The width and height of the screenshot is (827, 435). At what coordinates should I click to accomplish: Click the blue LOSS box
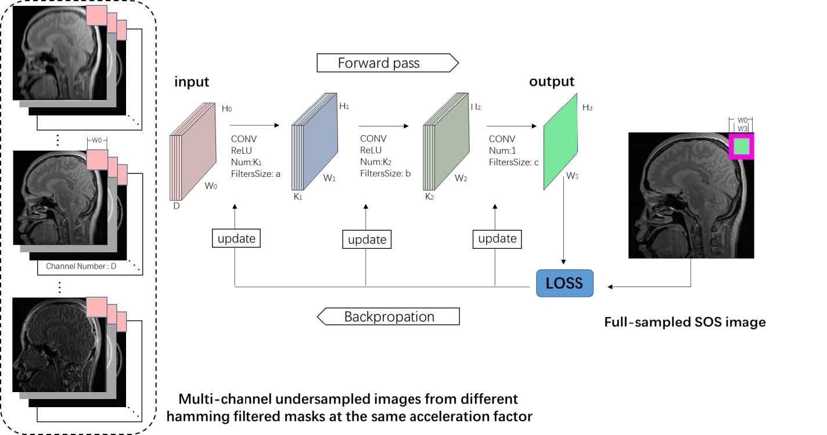pos(564,284)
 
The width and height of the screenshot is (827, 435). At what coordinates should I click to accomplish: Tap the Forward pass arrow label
pos(379,63)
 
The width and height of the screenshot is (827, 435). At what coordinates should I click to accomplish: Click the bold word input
pos(192,82)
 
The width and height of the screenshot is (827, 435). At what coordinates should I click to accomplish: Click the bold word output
pos(551,81)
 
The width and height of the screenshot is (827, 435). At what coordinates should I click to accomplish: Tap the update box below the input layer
pos(235,238)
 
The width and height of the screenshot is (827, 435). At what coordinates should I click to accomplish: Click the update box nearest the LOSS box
pos(497,238)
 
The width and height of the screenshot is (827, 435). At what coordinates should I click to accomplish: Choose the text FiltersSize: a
pos(256,173)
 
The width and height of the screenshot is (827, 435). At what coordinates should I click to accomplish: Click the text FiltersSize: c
pos(514,162)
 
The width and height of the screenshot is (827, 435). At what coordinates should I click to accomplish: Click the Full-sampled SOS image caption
pos(685,322)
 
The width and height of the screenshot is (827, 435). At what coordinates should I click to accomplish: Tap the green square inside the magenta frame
pos(742,147)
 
